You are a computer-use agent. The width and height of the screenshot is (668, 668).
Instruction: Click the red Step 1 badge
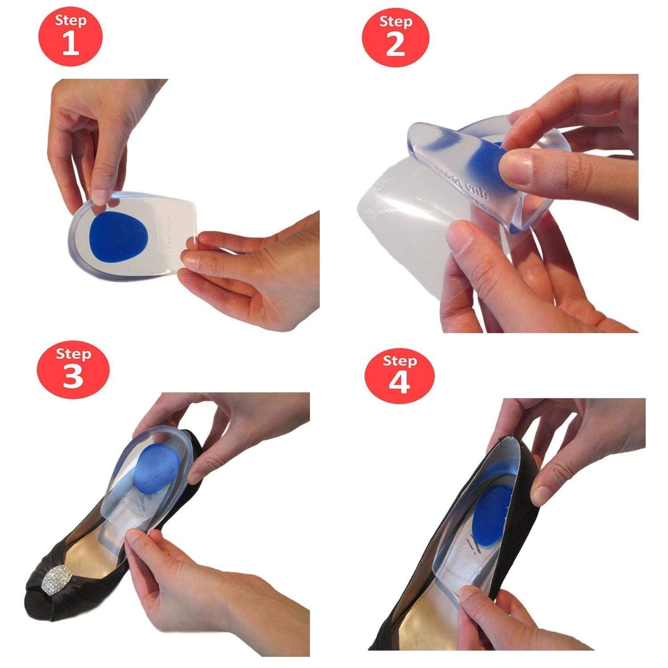point(70,36)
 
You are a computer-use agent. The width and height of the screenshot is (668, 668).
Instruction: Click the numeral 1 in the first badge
point(70,43)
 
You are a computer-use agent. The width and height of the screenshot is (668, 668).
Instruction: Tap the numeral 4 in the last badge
point(399,383)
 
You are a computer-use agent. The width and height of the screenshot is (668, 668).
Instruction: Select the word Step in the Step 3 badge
point(73,354)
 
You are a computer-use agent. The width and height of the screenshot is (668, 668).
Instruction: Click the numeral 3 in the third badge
point(73,377)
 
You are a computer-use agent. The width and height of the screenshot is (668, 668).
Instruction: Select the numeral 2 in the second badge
point(395,45)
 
